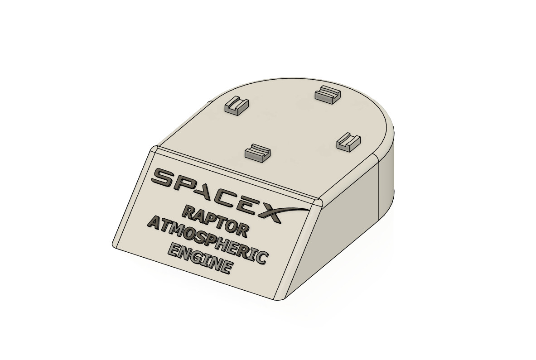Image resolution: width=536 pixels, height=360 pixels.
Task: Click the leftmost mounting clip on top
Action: (237, 106)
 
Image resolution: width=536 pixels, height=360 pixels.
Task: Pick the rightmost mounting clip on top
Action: (348, 142)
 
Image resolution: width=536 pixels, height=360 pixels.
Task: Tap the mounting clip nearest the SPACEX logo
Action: (257, 152)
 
